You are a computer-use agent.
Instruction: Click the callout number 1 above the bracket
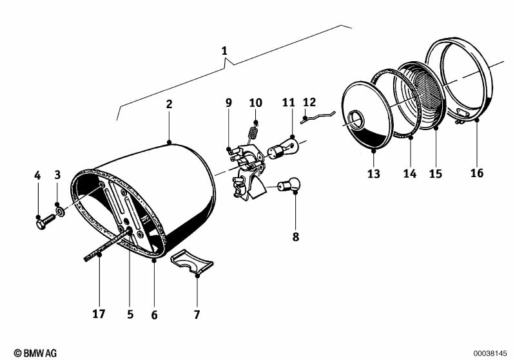click(224, 50)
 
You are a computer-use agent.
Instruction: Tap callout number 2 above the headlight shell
click(169, 104)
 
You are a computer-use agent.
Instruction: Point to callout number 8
click(296, 236)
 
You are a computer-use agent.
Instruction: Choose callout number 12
click(309, 102)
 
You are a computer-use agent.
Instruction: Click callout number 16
click(476, 173)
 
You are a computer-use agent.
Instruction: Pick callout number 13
click(374, 174)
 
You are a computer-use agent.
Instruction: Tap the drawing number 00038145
click(491, 353)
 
